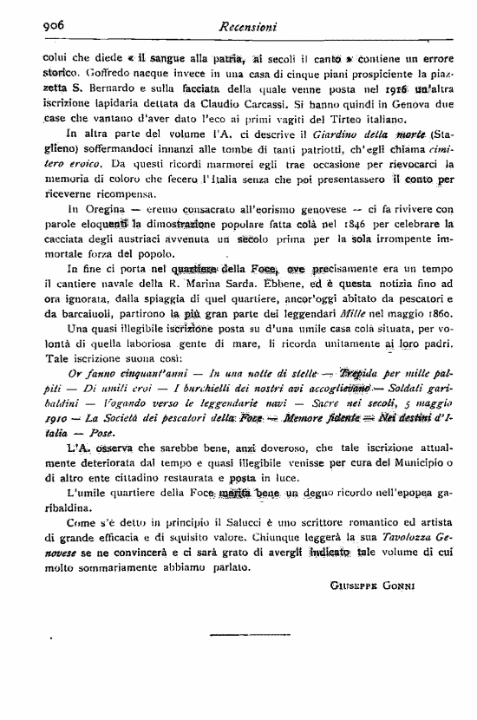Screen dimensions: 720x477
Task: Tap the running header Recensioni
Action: click(249, 28)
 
